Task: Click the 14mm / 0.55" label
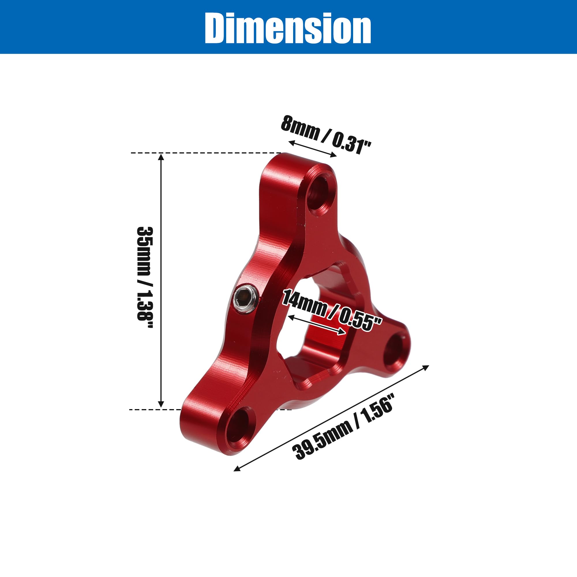tap(331, 311)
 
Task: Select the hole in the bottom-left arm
tap(237, 427)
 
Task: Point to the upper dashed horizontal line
tap(206, 153)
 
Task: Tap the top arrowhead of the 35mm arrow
tap(161, 156)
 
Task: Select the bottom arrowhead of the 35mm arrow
tap(161, 405)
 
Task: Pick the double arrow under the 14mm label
tap(317, 325)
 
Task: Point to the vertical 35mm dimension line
tap(161, 281)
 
